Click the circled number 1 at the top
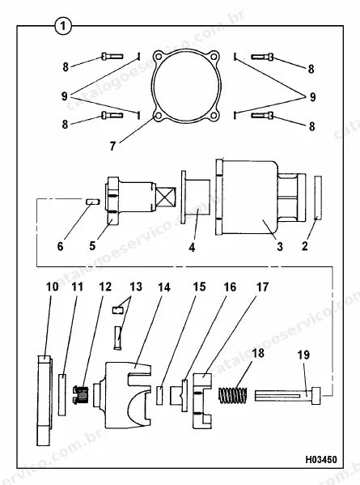tap(63, 26)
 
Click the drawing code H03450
tap(321, 459)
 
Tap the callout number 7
tap(112, 146)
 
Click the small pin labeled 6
tap(91, 202)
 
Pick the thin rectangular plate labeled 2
tap(318, 198)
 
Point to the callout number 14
tap(164, 287)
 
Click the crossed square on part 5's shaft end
tap(166, 197)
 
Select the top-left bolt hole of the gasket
tap(159, 57)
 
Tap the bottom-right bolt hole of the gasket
tap(214, 116)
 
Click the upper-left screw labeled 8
tap(112, 57)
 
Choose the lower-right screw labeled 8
tap(262, 115)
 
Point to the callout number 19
tap(303, 355)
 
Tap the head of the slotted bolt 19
tap(316, 396)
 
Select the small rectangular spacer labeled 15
tap(159, 395)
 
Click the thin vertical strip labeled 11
tap(62, 394)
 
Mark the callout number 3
tap(280, 247)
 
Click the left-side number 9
tap(64, 96)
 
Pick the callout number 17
tap(262, 287)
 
